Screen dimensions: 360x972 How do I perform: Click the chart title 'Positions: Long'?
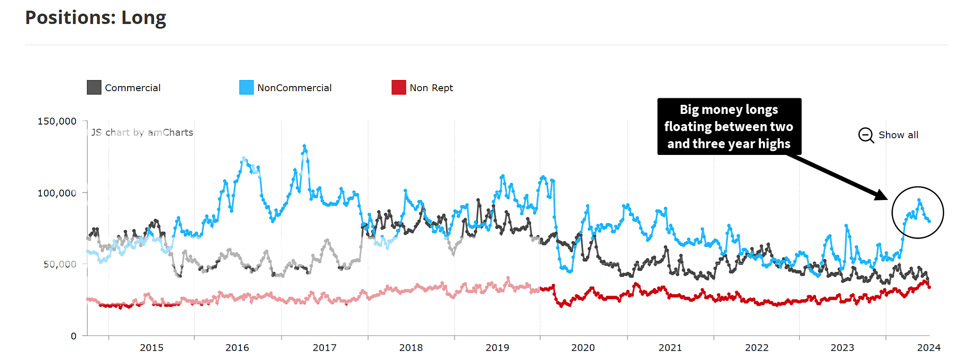(96, 18)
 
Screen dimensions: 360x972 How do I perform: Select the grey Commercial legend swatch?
(94, 88)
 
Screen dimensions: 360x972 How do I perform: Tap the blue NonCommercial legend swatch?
(246, 88)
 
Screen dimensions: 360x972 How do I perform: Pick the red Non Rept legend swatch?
(398, 88)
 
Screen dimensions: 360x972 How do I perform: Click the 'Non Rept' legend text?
(431, 88)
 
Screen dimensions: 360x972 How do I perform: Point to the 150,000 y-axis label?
(57, 122)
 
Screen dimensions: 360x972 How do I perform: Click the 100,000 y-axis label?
(57, 193)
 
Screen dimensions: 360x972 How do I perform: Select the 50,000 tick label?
(60, 264)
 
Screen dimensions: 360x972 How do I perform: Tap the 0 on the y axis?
(73, 336)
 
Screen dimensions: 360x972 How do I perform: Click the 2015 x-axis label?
(151, 348)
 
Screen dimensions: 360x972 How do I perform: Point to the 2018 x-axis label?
(411, 348)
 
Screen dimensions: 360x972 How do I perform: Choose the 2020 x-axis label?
(583, 348)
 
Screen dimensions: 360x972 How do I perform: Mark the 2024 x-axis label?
(928, 348)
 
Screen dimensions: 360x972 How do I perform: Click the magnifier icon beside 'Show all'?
(866, 135)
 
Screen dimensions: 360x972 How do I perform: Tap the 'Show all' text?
(898, 135)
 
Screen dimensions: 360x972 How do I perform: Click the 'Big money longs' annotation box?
(729, 127)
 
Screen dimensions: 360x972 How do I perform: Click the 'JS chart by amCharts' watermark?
(142, 133)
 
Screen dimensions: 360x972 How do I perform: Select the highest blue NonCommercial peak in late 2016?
(304, 146)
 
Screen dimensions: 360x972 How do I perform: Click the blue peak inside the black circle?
(919, 201)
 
